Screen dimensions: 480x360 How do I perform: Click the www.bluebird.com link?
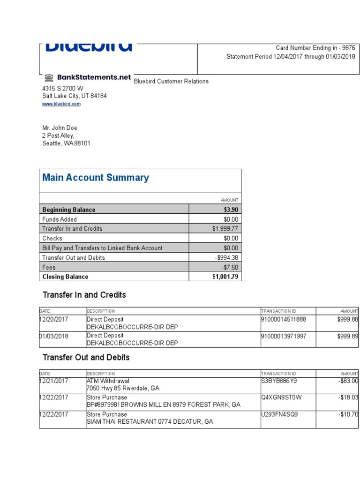(x=61, y=104)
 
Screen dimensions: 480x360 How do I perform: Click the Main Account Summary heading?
(x=96, y=178)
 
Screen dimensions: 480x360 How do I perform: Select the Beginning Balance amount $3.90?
(x=231, y=210)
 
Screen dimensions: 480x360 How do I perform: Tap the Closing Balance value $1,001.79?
(x=225, y=277)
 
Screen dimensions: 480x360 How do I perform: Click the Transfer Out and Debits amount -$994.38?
(x=226, y=258)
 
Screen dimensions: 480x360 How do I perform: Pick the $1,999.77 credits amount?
(x=225, y=229)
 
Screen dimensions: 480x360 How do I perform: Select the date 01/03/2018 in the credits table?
(x=54, y=336)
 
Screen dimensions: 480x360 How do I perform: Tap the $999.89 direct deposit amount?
(x=347, y=336)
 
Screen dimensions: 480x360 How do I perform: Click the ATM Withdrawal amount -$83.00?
(x=348, y=382)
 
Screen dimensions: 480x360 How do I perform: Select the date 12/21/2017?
(x=54, y=382)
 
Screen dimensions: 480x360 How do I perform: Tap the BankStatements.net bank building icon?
(x=49, y=78)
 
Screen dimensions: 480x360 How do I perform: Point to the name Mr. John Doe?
(x=60, y=128)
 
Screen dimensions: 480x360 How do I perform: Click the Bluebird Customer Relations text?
(x=171, y=82)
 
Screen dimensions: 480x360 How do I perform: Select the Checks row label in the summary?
(x=52, y=239)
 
